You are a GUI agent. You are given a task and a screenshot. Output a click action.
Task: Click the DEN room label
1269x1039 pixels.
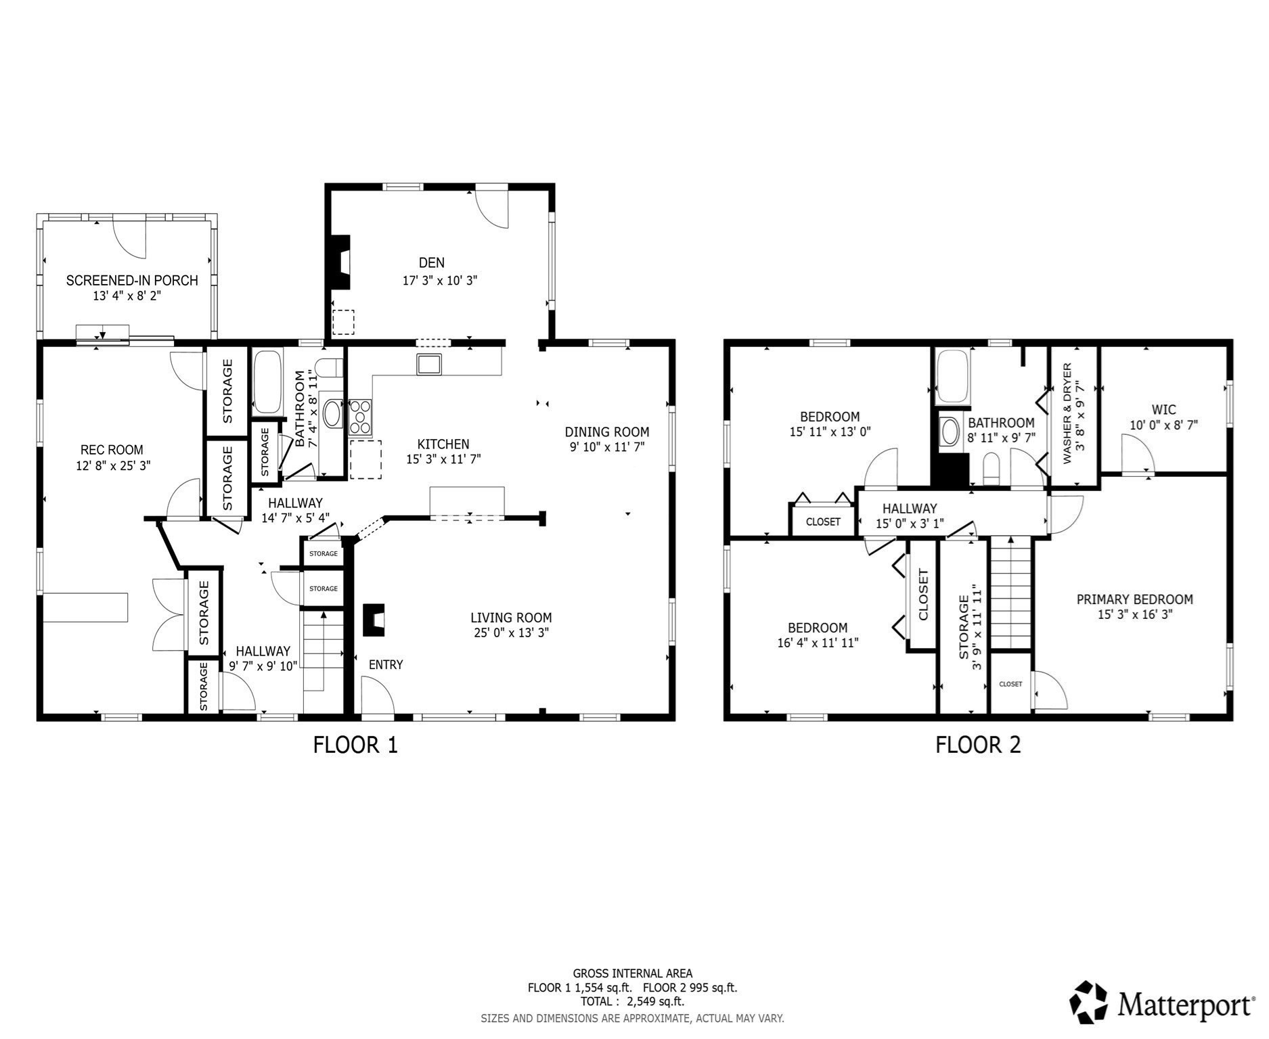click(x=431, y=262)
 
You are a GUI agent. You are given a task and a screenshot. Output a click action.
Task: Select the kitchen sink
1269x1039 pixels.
click(x=428, y=365)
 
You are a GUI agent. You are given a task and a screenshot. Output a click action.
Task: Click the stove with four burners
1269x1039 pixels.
click(x=360, y=417)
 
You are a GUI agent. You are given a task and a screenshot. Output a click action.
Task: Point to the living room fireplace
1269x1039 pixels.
click(x=374, y=620)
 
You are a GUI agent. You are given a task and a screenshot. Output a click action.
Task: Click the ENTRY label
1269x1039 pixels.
click(x=386, y=665)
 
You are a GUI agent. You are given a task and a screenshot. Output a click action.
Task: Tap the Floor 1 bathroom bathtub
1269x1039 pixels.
click(x=267, y=382)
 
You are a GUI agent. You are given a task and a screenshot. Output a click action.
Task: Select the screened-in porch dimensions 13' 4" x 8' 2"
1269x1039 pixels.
click(x=127, y=296)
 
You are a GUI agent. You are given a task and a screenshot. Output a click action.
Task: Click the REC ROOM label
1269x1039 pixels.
click(x=112, y=450)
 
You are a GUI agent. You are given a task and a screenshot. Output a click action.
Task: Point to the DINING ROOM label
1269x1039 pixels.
click(x=606, y=432)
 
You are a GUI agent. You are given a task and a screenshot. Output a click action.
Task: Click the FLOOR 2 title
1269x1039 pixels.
click(x=977, y=745)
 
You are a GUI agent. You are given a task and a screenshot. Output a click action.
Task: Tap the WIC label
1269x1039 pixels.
click(x=1163, y=409)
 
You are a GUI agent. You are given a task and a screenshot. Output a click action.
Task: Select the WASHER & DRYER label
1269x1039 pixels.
click(x=1067, y=413)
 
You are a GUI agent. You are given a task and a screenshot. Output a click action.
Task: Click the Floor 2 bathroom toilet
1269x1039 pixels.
click(x=991, y=469)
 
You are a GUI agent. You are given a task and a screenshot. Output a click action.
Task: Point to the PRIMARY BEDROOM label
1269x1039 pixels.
click(x=1134, y=599)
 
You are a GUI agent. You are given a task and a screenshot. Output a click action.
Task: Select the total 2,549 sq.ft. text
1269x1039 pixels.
click(x=632, y=1001)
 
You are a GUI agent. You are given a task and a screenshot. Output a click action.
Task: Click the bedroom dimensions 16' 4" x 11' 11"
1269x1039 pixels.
click(x=818, y=643)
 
